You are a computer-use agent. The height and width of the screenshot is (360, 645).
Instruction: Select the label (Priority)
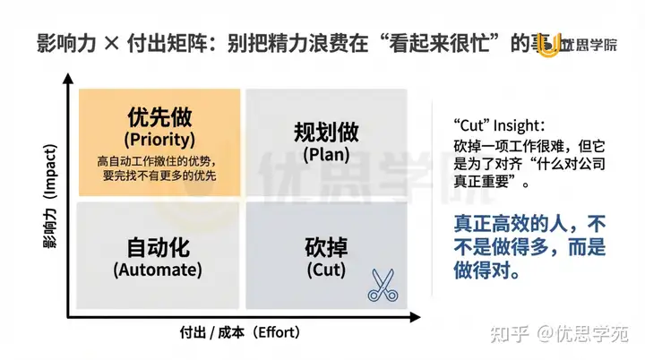pyautogui.click(x=159, y=140)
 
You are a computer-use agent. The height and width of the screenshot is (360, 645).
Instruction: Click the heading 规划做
pyautogui.click(x=326, y=133)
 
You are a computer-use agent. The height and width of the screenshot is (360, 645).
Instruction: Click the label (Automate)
pyautogui.click(x=159, y=268)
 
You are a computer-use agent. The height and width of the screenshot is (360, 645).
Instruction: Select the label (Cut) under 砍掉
pyautogui.click(x=326, y=268)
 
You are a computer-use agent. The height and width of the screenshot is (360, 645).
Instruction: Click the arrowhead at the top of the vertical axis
pyautogui.click(x=68, y=81)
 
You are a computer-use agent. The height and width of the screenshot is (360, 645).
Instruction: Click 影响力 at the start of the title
pyautogui.click(x=63, y=41)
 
